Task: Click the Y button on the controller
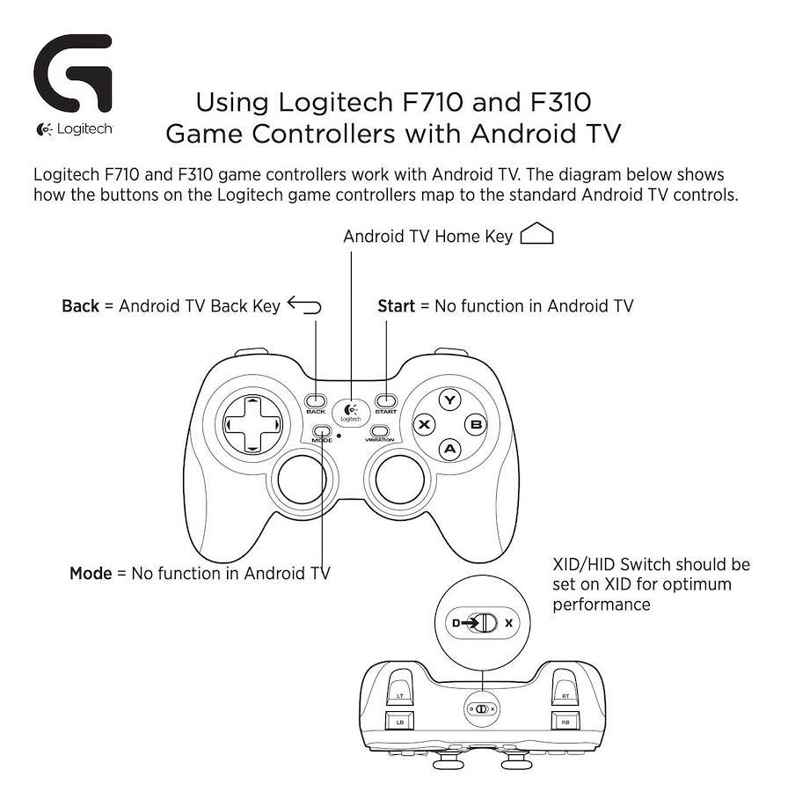[449, 400]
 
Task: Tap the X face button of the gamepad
[425, 424]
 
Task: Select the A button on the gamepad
[449, 449]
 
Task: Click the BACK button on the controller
[316, 401]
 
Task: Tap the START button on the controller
[386, 401]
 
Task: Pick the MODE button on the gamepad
[322, 431]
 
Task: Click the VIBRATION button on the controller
[380, 431]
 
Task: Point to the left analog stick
[302, 480]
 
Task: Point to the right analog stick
[400, 480]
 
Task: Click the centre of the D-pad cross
[252, 424]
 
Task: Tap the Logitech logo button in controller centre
[350, 413]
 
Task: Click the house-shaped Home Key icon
[536, 233]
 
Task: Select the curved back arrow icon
[304, 305]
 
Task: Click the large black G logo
[73, 73]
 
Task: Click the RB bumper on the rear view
[565, 722]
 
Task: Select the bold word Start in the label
[397, 306]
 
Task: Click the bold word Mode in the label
[91, 573]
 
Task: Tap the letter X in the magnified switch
[509, 623]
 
